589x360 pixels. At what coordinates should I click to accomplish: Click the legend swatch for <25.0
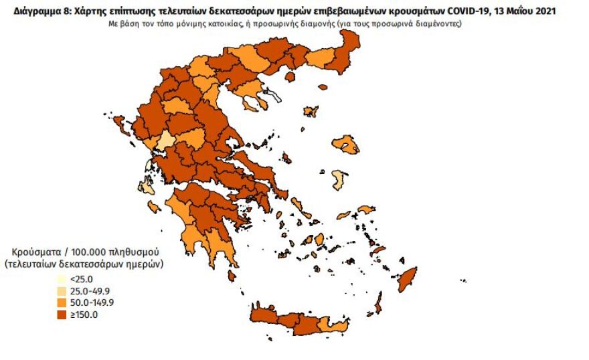(62, 280)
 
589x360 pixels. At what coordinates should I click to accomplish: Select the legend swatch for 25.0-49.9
(62, 291)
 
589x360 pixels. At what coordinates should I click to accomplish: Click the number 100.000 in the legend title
(84, 252)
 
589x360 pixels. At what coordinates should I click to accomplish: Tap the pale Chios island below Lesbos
(339, 180)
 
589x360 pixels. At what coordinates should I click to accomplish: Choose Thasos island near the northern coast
(290, 78)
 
